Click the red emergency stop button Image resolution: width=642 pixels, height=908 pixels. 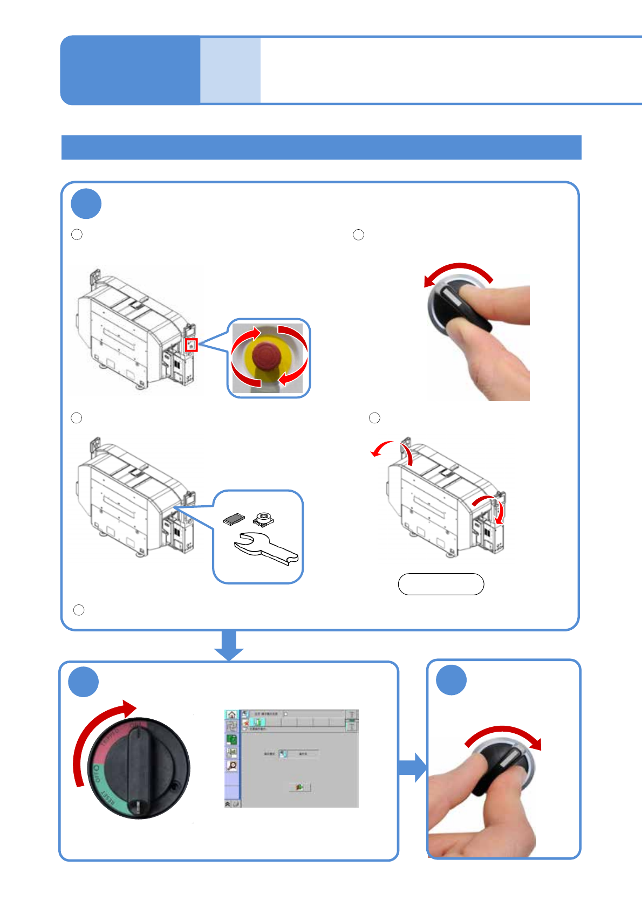tap(267, 356)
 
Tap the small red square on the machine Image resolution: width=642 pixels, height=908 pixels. tap(192, 345)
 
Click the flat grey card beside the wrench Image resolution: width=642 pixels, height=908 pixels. tap(234, 519)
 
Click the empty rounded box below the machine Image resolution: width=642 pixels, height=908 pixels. tap(441, 584)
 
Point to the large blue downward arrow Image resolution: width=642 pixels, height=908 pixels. tap(229, 645)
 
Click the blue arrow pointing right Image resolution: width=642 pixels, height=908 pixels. tap(412, 767)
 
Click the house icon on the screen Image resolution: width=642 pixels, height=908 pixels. tap(231, 715)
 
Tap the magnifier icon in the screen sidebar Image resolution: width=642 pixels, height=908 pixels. tap(232, 766)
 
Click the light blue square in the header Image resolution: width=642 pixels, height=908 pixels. tap(230, 70)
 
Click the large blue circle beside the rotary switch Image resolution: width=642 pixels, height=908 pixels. tap(84, 682)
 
